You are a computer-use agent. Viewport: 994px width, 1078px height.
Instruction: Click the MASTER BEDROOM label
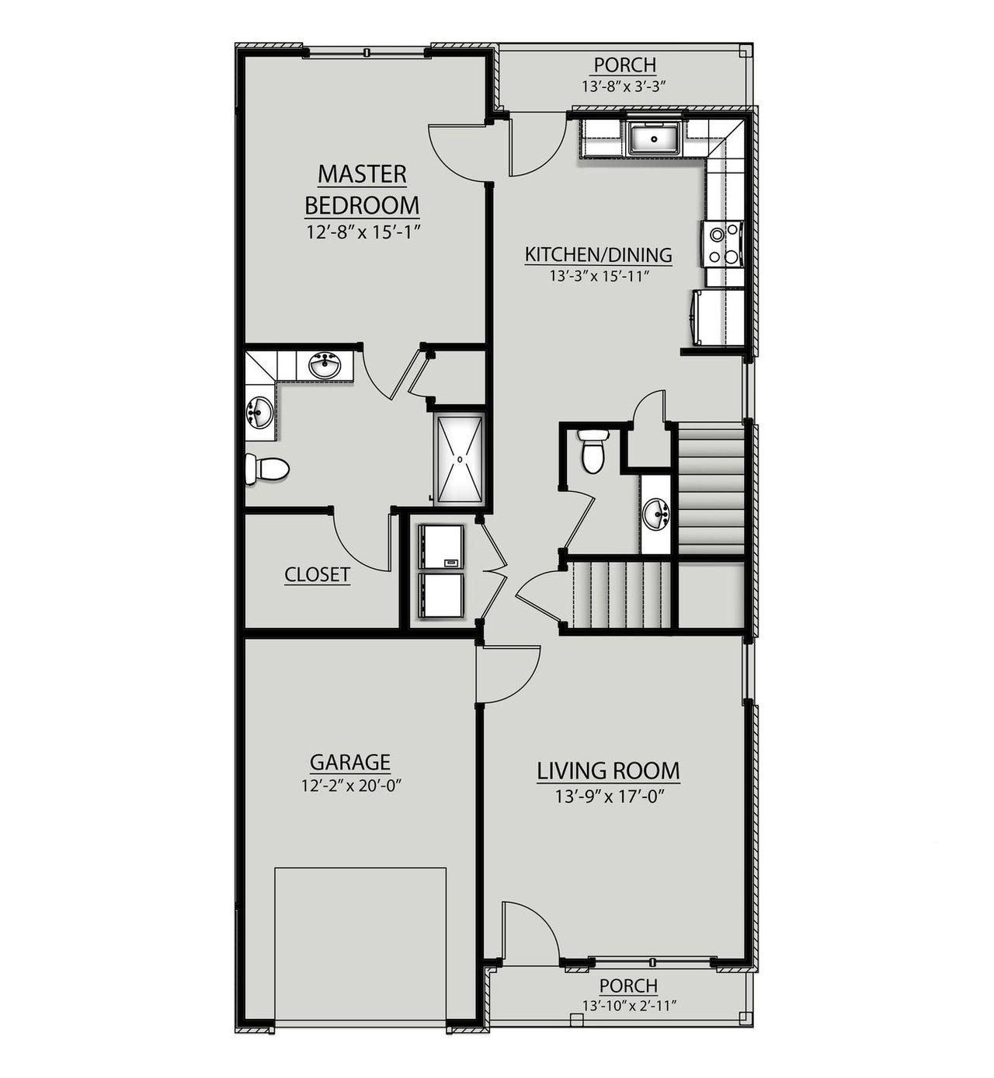click(362, 190)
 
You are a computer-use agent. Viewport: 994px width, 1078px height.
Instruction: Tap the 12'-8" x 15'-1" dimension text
click(362, 231)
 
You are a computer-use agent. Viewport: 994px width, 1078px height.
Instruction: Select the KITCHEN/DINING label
click(598, 255)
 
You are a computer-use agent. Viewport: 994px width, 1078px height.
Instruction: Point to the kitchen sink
click(653, 139)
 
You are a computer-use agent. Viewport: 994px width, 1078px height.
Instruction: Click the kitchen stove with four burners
click(723, 243)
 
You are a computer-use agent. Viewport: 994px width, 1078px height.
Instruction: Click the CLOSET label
click(317, 574)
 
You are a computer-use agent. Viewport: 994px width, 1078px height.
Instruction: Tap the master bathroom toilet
click(267, 469)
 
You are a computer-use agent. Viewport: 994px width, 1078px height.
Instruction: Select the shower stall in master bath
click(460, 459)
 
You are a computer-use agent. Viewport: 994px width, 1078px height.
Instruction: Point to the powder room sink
click(656, 515)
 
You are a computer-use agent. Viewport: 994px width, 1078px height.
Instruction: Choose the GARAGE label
click(349, 762)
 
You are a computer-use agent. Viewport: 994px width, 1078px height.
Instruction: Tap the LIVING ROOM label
click(608, 771)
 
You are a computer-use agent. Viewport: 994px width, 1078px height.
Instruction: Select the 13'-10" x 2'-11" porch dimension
click(629, 1006)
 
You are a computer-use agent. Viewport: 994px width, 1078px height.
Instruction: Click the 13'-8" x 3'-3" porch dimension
click(624, 86)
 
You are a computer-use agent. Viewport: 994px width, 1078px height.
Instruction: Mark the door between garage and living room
click(505, 673)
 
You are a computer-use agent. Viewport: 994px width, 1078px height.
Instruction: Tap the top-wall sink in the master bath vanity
click(325, 365)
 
